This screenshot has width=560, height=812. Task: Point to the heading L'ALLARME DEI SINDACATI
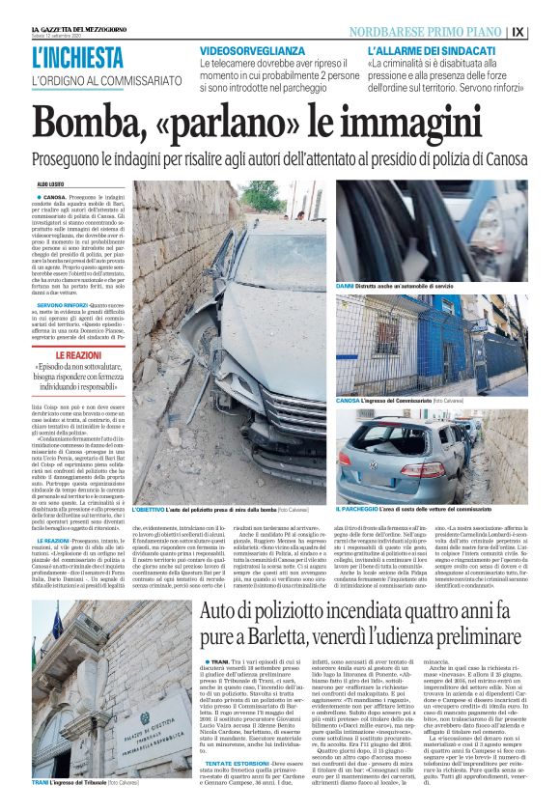click(429, 49)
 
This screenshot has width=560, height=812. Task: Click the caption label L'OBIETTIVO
click(151, 508)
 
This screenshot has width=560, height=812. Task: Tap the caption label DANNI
click(346, 288)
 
